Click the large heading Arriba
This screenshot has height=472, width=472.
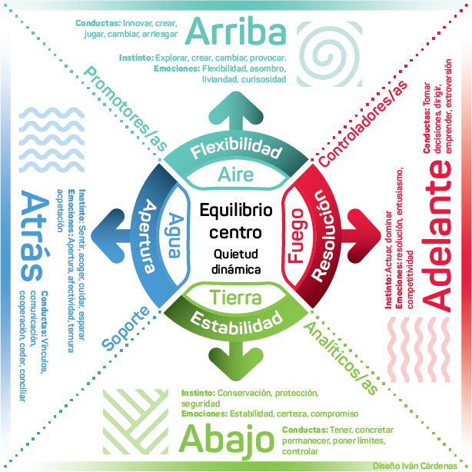click(x=236, y=32)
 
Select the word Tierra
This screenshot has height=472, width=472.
click(x=236, y=297)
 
